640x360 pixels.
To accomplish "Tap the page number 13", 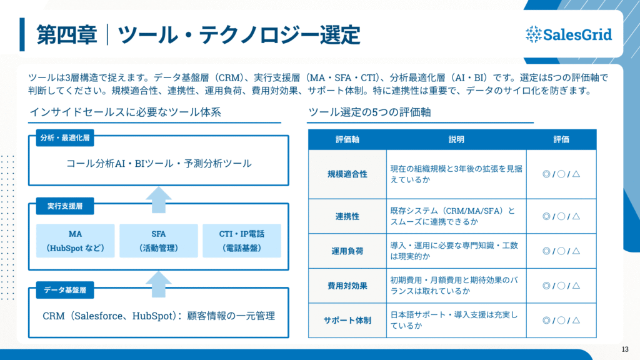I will coord(625,349).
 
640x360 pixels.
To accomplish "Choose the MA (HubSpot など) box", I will coord(75,241).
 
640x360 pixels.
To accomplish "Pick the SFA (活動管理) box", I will coord(158,241).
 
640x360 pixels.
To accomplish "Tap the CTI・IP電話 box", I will coord(241,241).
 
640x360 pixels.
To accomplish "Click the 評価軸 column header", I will coord(347,139).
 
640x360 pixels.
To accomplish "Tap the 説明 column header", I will coord(456,139).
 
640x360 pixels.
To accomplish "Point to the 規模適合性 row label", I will coord(347,174).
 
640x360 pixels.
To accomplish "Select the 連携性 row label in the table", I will coord(347,217).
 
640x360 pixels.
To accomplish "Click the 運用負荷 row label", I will coord(347,251).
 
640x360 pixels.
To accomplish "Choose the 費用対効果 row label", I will coord(347,286).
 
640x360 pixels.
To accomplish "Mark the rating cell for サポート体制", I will coord(561,320).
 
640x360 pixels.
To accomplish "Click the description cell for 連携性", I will coord(456,217).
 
